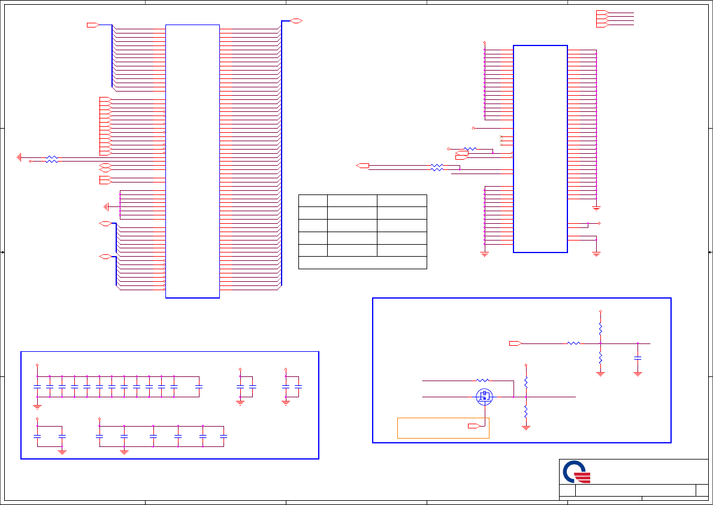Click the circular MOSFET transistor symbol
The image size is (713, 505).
point(484,396)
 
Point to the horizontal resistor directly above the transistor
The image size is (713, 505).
point(483,380)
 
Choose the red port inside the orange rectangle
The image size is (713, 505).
point(474,426)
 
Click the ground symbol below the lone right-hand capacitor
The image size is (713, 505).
point(638,373)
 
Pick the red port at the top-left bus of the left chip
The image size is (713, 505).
point(92,25)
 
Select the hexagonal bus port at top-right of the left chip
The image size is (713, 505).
point(295,21)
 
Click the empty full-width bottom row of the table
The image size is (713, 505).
point(362,263)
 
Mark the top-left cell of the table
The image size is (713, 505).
point(313,200)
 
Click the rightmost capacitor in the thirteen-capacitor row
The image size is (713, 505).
point(199,387)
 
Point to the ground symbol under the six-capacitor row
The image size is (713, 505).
point(124,451)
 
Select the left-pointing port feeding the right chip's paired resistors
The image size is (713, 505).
point(362,165)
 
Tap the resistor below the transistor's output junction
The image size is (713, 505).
point(526,412)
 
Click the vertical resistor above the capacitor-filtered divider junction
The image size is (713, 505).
point(600,329)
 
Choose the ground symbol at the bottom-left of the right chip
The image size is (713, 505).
point(485,254)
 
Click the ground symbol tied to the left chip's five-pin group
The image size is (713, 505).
point(107,207)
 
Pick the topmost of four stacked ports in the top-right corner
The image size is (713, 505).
point(602,12)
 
